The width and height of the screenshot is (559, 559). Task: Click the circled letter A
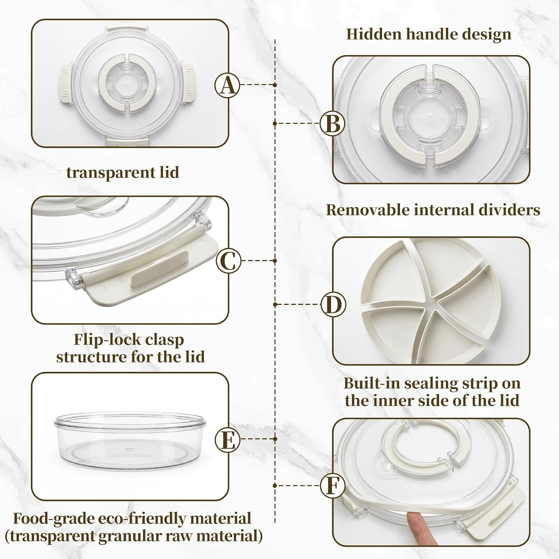click(x=227, y=85)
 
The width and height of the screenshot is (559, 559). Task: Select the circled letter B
click(x=332, y=123)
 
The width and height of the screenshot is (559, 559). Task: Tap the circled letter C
click(x=229, y=260)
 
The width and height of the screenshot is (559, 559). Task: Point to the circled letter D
click(x=333, y=304)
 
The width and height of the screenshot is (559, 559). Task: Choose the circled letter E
click(x=227, y=439)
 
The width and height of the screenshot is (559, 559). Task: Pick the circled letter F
click(x=332, y=485)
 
